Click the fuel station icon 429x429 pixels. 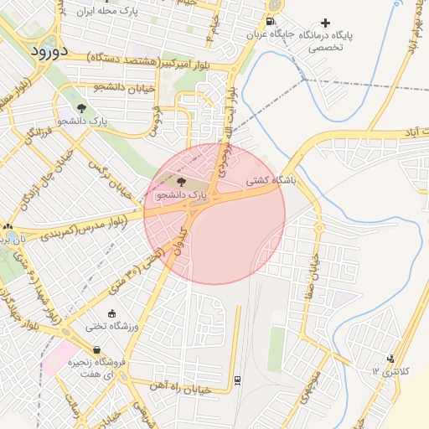click(x=269, y=22)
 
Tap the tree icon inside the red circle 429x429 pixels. click(x=182, y=180)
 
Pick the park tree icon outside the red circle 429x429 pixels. click(x=81, y=108)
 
